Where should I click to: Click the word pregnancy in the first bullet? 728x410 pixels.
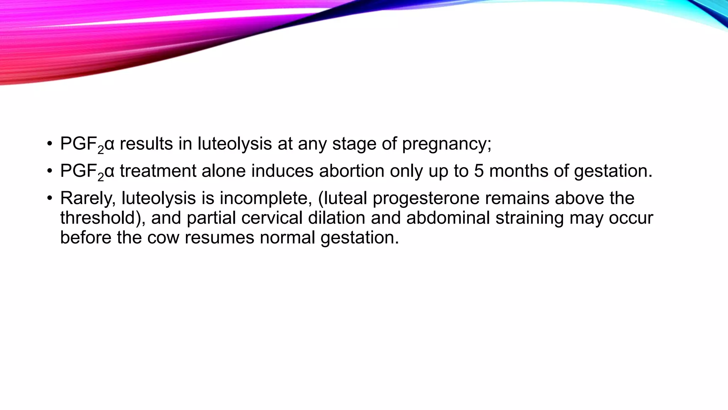pyautogui.click(x=446, y=144)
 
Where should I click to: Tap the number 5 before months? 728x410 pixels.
pyautogui.click(x=479, y=171)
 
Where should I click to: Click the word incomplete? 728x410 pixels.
pyautogui.click(x=266, y=199)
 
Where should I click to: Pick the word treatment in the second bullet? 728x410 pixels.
pyautogui.click(x=158, y=171)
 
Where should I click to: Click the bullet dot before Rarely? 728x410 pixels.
pyautogui.click(x=50, y=198)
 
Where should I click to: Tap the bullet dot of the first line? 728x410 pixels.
pyautogui.click(x=50, y=144)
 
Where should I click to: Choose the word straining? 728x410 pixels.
pyautogui.click(x=530, y=218)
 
